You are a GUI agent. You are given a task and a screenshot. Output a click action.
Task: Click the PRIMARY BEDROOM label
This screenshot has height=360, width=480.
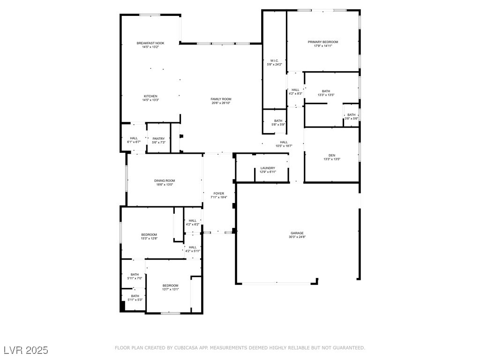coord(322,42)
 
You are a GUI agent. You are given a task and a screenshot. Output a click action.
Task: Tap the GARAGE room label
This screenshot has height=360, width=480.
coord(297,233)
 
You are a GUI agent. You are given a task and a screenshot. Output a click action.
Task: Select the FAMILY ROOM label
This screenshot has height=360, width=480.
coord(221,99)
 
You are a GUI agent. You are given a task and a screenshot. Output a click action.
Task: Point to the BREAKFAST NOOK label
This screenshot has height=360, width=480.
coord(150,43)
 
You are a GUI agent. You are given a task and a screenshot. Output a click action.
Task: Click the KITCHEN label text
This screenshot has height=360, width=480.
coord(150,96)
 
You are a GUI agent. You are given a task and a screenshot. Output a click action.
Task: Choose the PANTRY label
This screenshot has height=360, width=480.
coord(158,138)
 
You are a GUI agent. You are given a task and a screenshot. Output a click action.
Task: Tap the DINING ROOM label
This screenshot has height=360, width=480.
coord(165,180)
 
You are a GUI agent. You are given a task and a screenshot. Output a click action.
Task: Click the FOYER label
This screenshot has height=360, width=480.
coord(218,193)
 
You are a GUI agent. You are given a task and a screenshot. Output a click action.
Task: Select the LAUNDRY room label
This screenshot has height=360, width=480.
coord(268,168)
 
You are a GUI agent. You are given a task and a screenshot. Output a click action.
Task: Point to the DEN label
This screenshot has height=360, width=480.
coord(331,155)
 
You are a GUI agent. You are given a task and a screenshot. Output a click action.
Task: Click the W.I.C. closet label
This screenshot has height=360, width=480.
coord(274,60)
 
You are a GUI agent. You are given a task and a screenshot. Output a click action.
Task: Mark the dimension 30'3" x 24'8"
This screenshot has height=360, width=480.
coord(297,237)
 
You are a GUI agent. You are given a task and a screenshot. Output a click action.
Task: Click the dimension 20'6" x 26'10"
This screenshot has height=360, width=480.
coord(221,103)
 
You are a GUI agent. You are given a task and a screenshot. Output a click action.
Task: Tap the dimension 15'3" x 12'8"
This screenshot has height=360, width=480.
coord(149,239)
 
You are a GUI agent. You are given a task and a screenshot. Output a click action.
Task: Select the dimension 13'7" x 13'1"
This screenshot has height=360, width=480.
coord(171,289)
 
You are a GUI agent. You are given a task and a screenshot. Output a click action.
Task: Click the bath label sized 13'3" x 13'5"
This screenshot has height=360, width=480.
coord(326,91)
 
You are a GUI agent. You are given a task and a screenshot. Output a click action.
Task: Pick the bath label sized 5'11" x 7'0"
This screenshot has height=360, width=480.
coord(135,274)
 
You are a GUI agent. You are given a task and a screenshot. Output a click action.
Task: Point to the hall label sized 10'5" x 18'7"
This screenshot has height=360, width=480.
coord(284,142)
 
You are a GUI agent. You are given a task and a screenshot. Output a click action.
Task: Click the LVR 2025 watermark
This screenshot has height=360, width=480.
coord(26,350)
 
